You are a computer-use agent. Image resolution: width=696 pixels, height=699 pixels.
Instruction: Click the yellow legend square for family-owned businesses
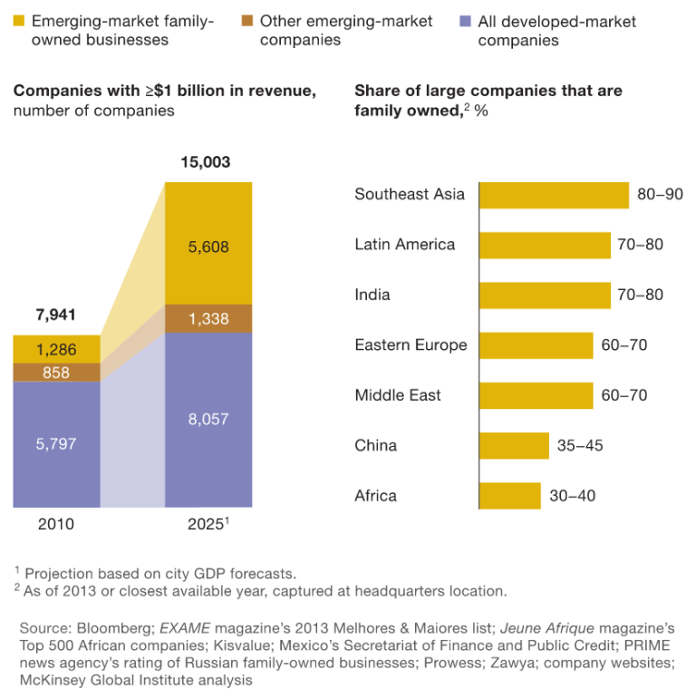tap(18, 20)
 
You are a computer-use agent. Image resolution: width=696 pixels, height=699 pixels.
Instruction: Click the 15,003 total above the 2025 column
tap(206, 163)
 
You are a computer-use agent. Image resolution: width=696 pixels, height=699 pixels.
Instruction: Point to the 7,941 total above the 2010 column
tap(56, 316)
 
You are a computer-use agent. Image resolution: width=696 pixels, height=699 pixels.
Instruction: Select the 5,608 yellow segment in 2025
tap(208, 246)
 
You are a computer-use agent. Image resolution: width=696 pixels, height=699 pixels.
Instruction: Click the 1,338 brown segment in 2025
tap(208, 319)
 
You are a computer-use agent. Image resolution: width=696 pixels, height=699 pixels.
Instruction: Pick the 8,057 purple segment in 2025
tap(208, 419)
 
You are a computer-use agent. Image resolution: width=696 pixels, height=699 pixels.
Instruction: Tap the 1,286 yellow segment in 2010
tap(56, 349)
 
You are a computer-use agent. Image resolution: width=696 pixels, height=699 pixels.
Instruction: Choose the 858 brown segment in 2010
tap(56, 373)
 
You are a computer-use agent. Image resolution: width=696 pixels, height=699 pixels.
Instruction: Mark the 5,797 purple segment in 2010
tap(56, 443)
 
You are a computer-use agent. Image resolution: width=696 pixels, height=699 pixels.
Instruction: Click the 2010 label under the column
tap(56, 524)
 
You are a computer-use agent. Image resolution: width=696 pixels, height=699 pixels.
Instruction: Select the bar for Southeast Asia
tap(553, 195)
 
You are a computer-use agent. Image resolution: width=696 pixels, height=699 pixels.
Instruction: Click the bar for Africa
tap(509, 496)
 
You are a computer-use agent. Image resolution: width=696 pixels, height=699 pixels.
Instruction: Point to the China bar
tap(513, 445)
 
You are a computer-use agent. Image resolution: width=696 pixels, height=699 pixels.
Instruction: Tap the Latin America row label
tap(404, 245)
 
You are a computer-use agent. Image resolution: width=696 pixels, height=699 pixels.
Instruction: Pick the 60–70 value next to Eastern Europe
tap(623, 345)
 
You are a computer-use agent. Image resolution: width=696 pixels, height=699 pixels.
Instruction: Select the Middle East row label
tap(398, 395)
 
